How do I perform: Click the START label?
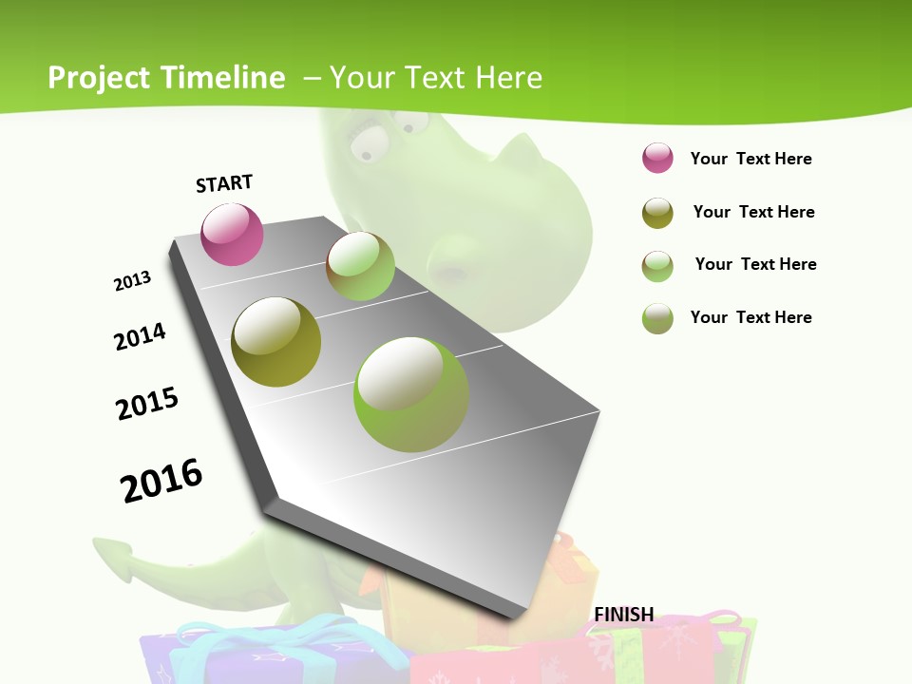click(x=224, y=183)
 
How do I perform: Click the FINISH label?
click(x=624, y=615)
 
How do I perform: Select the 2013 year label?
click(x=132, y=281)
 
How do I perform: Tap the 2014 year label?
click(x=140, y=336)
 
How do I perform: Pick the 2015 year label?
click(x=147, y=404)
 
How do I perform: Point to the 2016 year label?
click(x=161, y=480)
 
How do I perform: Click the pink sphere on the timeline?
click(x=232, y=234)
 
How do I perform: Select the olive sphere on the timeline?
click(x=275, y=342)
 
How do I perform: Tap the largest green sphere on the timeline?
click(x=411, y=394)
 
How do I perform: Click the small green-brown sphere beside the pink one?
click(x=360, y=266)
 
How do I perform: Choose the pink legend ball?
click(x=657, y=159)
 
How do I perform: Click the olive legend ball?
click(x=657, y=213)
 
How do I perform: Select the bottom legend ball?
click(x=657, y=318)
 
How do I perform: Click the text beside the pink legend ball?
click(x=750, y=159)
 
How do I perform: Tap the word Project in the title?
click(x=100, y=78)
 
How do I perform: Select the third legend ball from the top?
click(x=657, y=266)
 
